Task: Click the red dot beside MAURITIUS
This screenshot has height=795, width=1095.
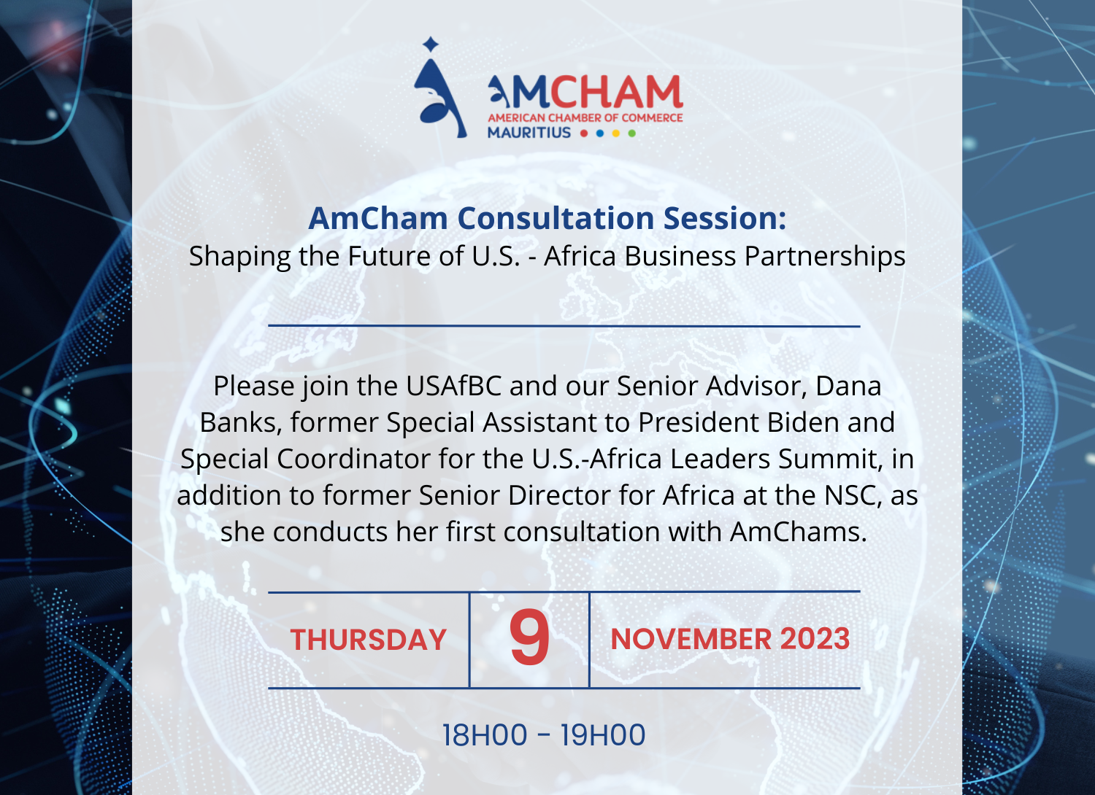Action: coord(584,133)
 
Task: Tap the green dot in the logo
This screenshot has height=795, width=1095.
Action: coord(631,133)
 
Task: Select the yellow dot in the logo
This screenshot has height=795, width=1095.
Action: coord(616,133)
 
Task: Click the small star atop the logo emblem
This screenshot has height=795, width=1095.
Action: coord(431,44)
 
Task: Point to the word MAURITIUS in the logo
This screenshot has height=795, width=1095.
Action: coord(529,132)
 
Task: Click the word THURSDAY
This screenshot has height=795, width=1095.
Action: coord(368,640)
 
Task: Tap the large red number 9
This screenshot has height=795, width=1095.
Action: coord(529,637)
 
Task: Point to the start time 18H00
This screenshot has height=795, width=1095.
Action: coord(485,735)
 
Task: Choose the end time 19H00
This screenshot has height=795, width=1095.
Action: coord(603,735)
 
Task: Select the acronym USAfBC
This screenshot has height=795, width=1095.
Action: coord(453,386)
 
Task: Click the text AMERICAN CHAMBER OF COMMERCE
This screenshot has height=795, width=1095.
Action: coord(585,117)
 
